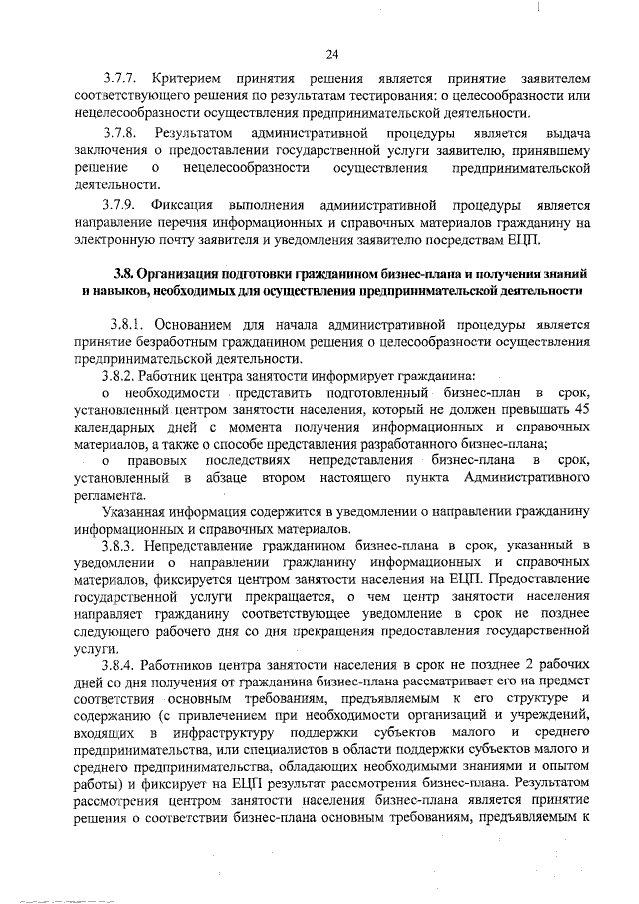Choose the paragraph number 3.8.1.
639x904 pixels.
click(129, 326)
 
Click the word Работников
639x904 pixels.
click(184, 664)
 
